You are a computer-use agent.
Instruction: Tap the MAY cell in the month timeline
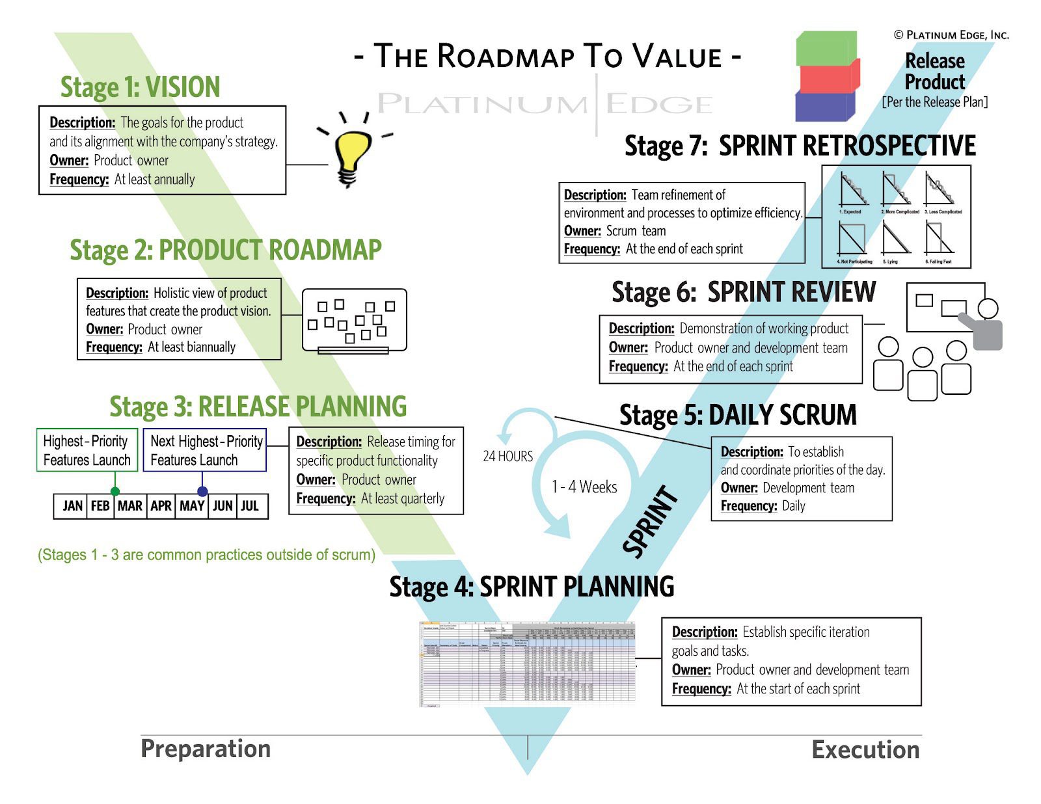point(192,506)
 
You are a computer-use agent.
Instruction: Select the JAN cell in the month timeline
point(72,506)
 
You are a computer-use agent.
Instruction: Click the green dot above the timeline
point(115,491)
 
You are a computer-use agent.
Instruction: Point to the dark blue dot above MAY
point(202,491)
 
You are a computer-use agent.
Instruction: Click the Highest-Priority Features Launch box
point(87,450)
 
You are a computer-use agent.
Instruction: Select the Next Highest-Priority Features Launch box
point(205,450)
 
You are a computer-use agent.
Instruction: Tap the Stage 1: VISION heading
point(140,87)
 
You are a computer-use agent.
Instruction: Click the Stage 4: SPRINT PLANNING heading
point(532,587)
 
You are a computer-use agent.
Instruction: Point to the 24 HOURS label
point(507,456)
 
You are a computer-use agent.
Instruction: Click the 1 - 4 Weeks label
point(584,487)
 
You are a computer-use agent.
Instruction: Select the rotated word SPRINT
point(650,522)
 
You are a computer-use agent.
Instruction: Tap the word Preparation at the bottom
point(206,749)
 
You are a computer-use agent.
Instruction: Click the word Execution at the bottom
point(865,750)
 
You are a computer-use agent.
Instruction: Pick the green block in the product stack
point(825,49)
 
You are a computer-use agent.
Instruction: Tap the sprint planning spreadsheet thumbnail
point(527,663)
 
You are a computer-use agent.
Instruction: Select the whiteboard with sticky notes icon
point(355,321)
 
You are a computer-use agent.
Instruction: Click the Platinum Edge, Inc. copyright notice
point(951,35)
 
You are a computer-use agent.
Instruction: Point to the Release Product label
point(935,72)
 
